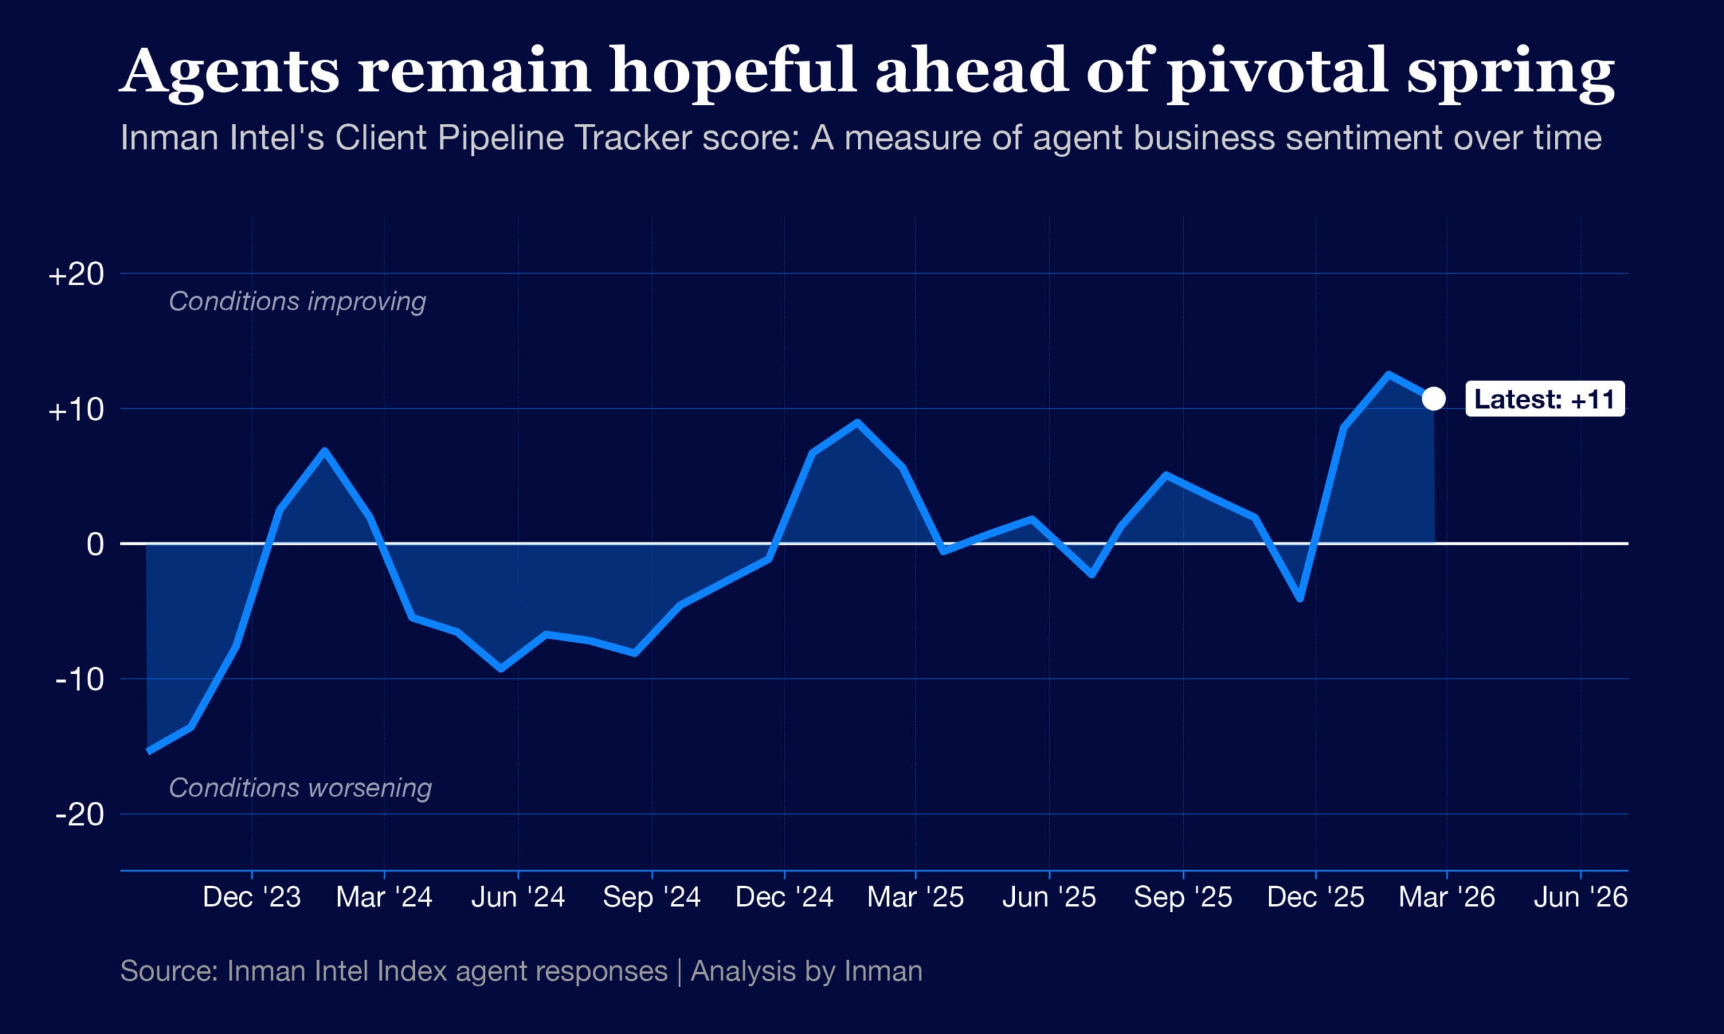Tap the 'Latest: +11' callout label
tap(1544, 399)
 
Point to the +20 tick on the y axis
tap(76, 275)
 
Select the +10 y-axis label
tap(76, 410)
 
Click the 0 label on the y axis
tap(95, 544)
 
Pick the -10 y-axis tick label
tap(79, 679)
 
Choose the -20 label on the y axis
tap(79, 814)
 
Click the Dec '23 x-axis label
tap(252, 897)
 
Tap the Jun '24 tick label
tap(518, 897)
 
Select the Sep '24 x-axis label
tap(652, 897)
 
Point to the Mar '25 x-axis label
tap(915, 897)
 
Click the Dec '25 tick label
tap(1315, 897)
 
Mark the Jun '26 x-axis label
tap(1581, 897)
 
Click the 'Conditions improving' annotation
tap(298, 302)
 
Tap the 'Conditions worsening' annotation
tap(300, 788)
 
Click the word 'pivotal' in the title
tap(1278, 71)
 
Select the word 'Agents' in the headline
tap(229, 71)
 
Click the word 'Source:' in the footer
tap(169, 971)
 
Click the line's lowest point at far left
tap(148, 751)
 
